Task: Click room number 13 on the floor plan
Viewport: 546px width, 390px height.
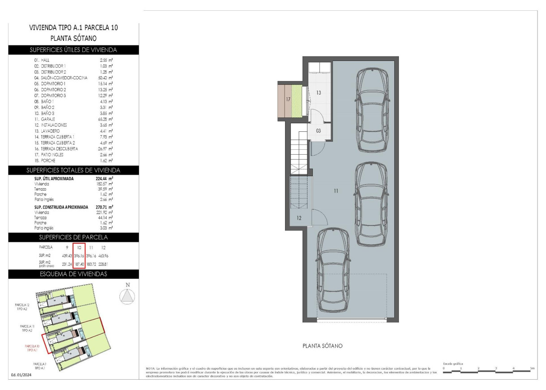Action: [x=319, y=93]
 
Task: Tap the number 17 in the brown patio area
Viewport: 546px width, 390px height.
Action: [x=289, y=99]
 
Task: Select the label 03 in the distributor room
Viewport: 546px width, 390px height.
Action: [x=319, y=131]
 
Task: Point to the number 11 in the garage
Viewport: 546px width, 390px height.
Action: [x=336, y=191]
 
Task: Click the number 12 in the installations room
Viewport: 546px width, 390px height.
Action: [x=299, y=218]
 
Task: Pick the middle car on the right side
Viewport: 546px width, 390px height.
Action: [x=371, y=199]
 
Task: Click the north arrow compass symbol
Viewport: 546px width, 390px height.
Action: [x=128, y=296]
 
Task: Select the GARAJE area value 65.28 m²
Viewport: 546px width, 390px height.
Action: [x=106, y=119]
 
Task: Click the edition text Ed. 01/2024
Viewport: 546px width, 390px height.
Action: [x=21, y=375]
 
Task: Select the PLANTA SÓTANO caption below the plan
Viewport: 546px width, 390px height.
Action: [x=322, y=346]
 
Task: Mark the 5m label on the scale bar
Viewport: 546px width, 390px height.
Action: [x=532, y=368]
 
